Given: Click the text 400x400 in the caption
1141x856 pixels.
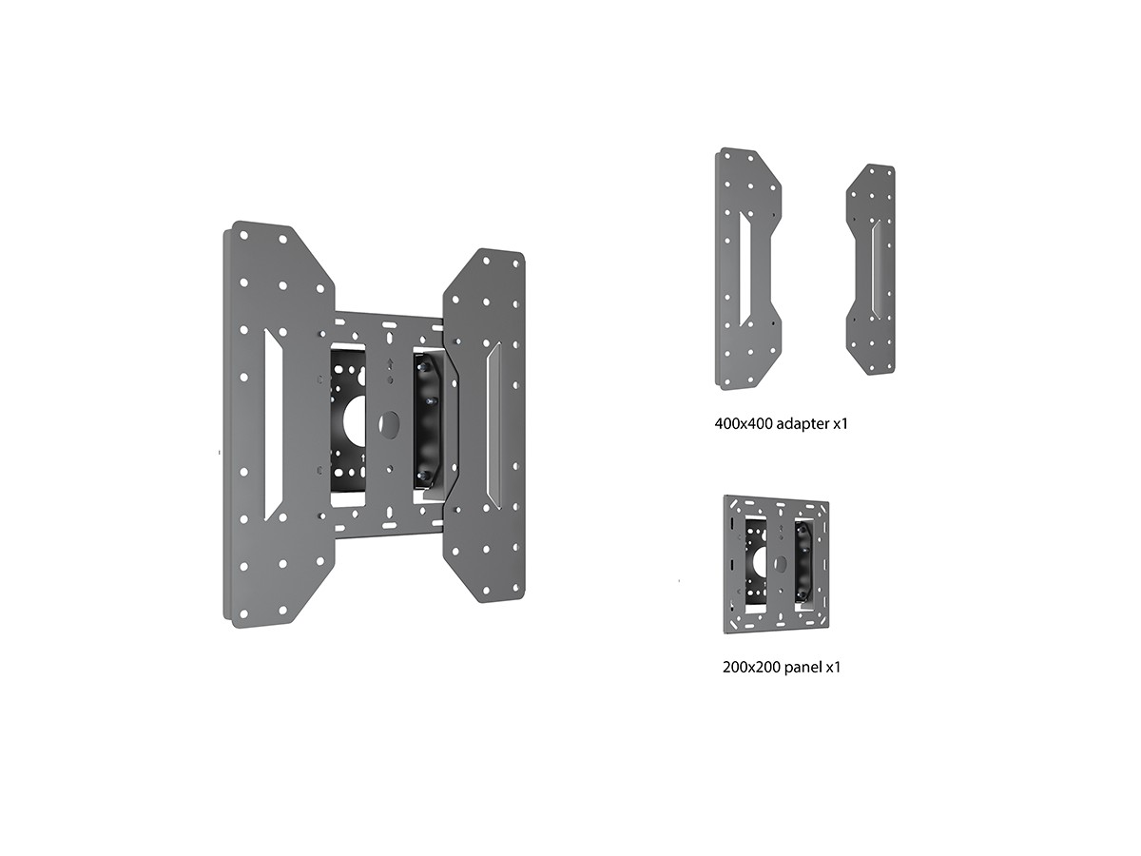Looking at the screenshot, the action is point(743,424).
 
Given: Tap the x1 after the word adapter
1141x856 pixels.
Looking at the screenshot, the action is point(841,424).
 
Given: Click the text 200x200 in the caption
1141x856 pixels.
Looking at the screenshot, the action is point(751,668).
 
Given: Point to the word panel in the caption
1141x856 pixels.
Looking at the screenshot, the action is point(803,669).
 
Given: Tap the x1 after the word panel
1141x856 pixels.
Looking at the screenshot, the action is point(833,669).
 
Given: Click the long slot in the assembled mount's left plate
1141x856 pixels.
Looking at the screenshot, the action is point(272,424).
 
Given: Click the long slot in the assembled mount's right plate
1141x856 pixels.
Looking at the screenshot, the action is point(493,424).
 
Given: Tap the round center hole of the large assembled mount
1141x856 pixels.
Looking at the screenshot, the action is point(389,424).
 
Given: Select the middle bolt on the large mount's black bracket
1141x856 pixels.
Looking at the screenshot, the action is point(429,401).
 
